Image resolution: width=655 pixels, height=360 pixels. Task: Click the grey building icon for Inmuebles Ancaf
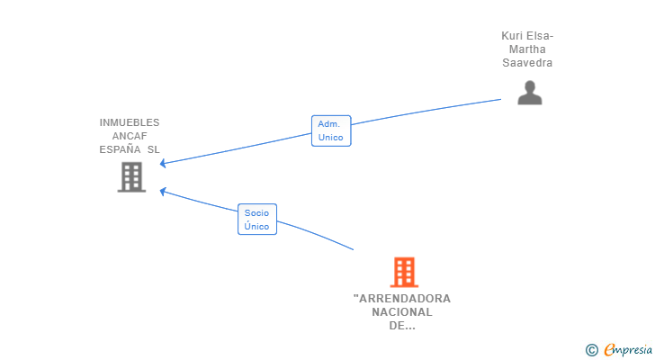pyautogui.click(x=131, y=177)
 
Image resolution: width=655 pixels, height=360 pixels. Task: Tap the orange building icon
pyautogui.click(x=404, y=272)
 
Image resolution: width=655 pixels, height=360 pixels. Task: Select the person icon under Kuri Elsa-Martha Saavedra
pyautogui.click(x=529, y=93)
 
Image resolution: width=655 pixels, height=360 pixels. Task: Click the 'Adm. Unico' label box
pyautogui.click(x=330, y=130)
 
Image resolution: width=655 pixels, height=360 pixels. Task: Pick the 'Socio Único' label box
pyautogui.click(x=257, y=220)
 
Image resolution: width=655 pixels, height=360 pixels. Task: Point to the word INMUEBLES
pyautogui.click(x=130, y=122)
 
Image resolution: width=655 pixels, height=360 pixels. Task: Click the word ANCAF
pyautogui.click(x=130, y=136)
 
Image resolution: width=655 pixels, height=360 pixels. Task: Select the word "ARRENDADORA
pyautogui.click(x=402, y=299)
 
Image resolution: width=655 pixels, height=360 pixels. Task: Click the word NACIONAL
pyautogui.click(x=402, y=312)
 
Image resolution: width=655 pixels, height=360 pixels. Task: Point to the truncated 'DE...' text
pyautogui.click(x=402, y=326)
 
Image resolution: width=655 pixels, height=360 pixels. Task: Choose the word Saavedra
pyautogui.click(x=527, y=63)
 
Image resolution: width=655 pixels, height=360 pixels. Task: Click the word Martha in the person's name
pyautogui.click(x=527, y=49)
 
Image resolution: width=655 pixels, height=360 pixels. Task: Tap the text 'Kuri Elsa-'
pyautogui.click(x=527, y=36)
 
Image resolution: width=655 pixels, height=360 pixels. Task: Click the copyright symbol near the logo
pyautogui.click(x=591, y=350)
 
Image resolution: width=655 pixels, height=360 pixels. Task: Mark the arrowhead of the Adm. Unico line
pyautogui.click(x=163, y=164)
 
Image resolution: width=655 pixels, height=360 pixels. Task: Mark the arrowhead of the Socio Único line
pyautogui.click(x=163, y=190)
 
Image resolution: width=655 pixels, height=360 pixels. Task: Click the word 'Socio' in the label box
pyautogui.click(x=257, y=213)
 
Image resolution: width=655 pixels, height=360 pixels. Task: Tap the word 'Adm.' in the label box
pyautogui.click(x=328, y=124)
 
